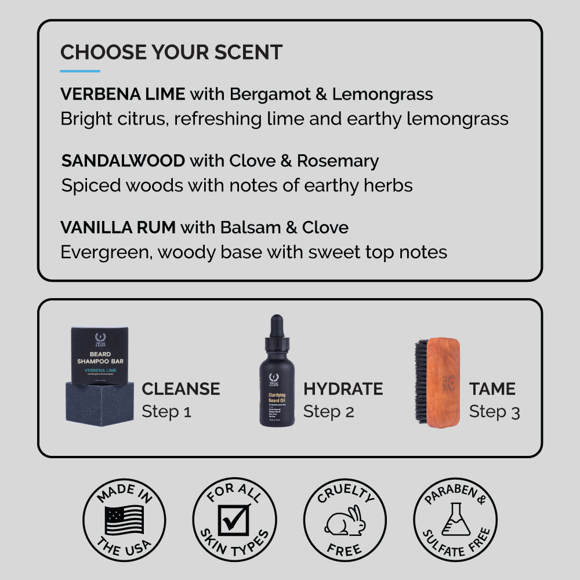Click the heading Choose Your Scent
[x=171, y=52]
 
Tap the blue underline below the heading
[x=80, y=71]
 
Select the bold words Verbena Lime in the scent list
[x=122, y=94]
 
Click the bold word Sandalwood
[x=123, y=161]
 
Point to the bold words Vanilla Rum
[x=118, y=227]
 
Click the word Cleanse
[x=181, y=389]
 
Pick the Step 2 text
[x=328, y=412]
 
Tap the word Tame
[x=492, y=389]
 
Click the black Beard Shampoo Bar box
[x=99, y=355]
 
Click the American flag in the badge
[x=124, y=519]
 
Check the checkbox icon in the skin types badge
[x=234, y=520]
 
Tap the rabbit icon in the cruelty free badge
[x=345, y=521]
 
